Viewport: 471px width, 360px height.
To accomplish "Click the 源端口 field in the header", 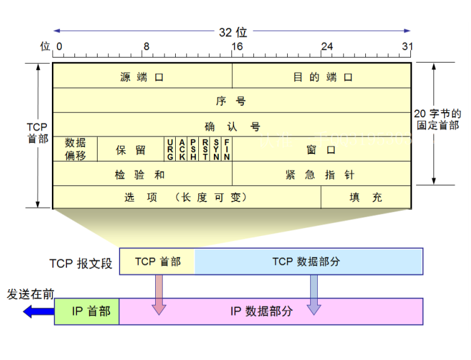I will point(142,76).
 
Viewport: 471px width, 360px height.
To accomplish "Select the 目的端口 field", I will point(322,76).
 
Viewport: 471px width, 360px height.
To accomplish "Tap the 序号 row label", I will point(231,101).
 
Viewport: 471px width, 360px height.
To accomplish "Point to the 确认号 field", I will point(231,125).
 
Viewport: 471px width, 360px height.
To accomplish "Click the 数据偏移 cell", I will point(75,149).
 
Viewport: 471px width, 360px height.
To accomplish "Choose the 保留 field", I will point(131,150).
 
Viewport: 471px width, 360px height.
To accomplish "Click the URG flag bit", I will point(170,150).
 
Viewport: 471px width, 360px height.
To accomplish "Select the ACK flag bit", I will point(181,150).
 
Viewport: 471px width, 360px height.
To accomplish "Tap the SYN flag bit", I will point(216,150).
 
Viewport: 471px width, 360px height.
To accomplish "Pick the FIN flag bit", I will point(227,150).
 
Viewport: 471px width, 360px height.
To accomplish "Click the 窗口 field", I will point(322,150).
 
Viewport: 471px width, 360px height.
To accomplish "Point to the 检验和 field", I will point(142,174).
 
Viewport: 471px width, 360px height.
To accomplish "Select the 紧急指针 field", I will point(322,174).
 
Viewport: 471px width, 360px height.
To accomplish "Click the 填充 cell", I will point(366,198).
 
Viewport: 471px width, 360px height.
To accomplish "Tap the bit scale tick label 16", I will point(237,46).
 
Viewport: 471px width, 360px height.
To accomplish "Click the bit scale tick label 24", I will point(327,46).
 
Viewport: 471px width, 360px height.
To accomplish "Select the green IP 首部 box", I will point(87,311).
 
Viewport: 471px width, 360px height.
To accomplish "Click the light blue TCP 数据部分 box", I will point(309,262).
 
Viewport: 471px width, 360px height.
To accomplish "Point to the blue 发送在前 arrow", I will point(38,311).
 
